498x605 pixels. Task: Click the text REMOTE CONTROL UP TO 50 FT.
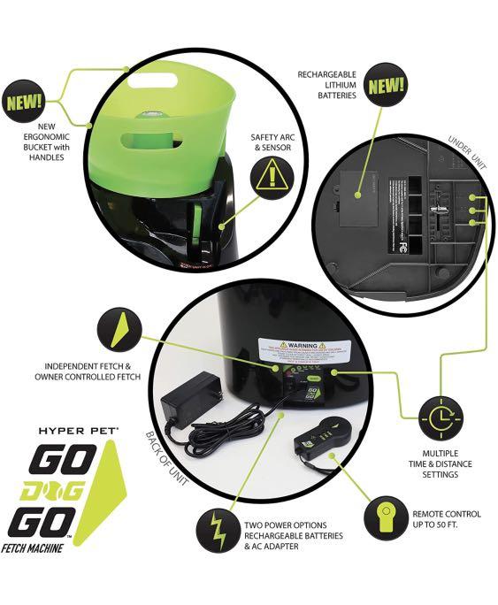pyautogui.click(x=447, y=520)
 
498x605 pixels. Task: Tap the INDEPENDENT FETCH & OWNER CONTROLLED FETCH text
pyautogui.click(x=88, y=371)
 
